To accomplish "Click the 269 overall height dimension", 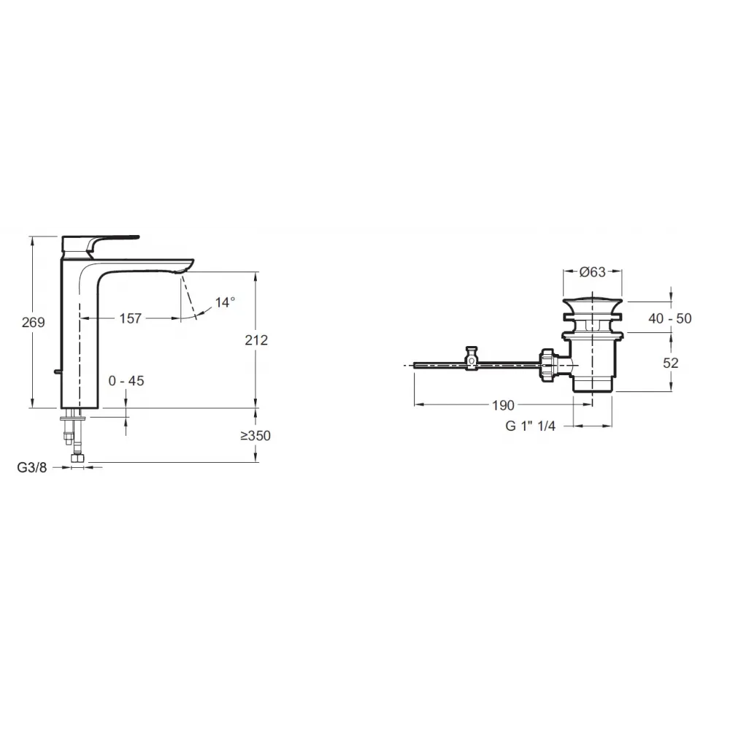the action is (x=33, y=322).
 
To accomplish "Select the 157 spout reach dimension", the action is (x=131, y=318).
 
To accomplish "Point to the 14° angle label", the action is (x=225, y=303).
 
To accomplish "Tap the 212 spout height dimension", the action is (x=256, y=340).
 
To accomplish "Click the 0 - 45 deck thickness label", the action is (x=126, y=381).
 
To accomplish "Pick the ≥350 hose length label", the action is (x=255, y=436).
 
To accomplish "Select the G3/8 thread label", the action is (x=32, y=467).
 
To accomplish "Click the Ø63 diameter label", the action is (x=593, y=272).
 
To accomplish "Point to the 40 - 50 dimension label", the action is (x=670, y=318).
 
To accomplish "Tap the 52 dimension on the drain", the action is (x=670, y=363).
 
